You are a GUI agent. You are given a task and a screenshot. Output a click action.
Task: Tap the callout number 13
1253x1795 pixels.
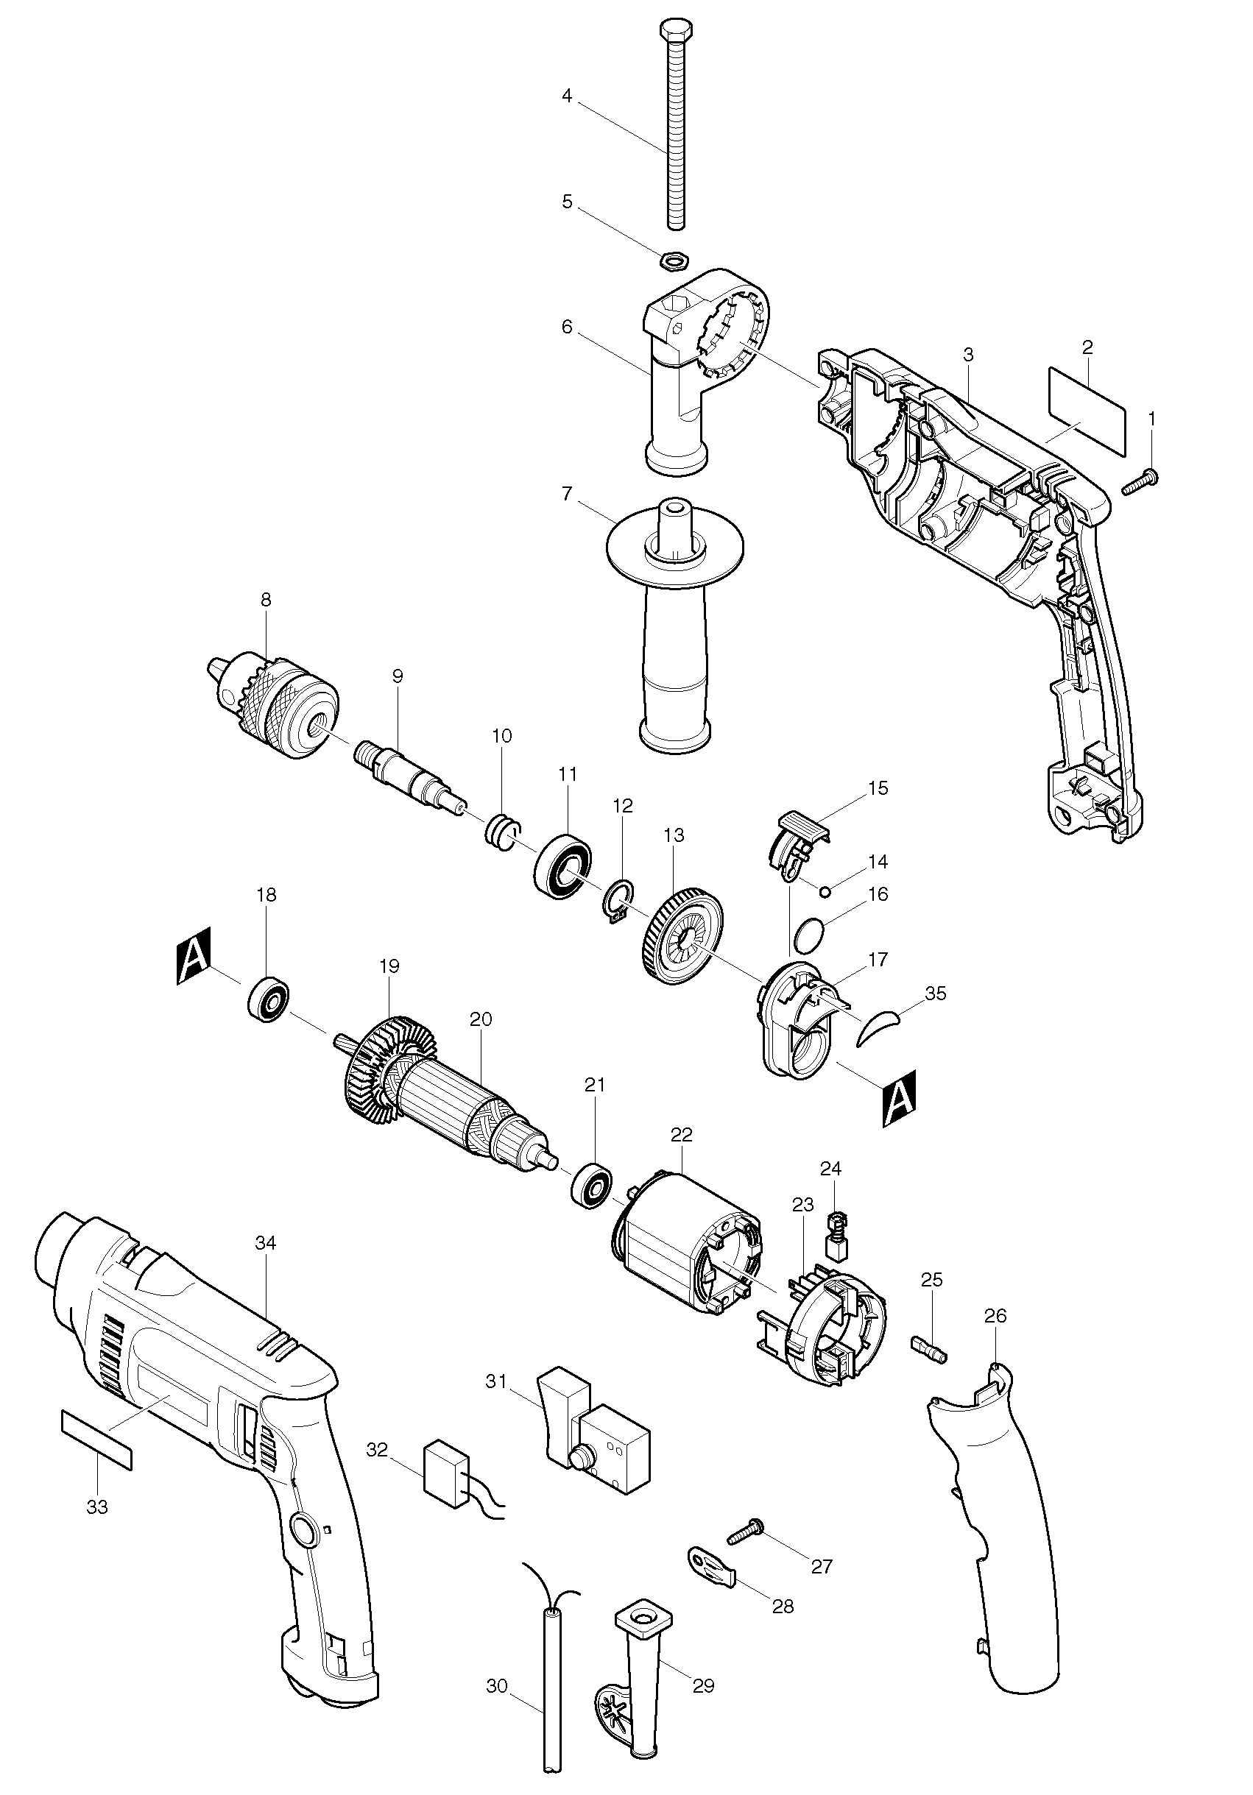tap(674, 835)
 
